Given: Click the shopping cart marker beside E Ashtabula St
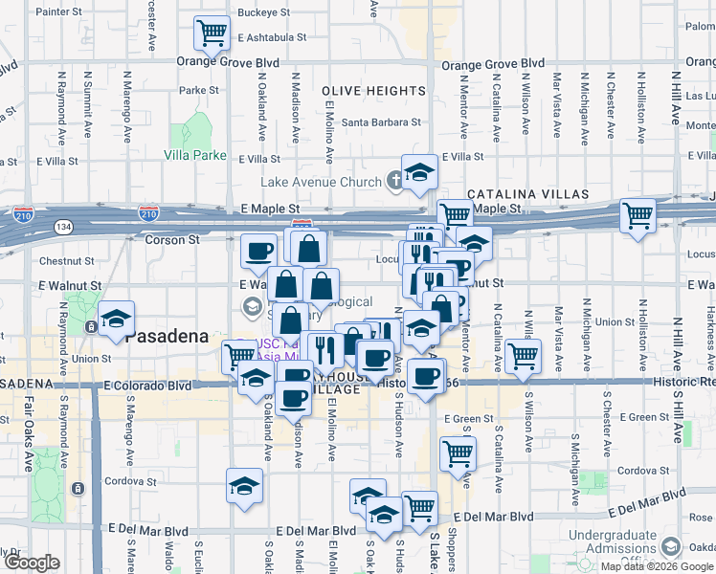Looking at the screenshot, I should (211, 33).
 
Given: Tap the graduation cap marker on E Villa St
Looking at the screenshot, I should (419, 172).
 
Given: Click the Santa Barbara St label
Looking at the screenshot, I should (382, 122).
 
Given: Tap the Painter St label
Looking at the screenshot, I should (59, 12).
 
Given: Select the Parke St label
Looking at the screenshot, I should (199, 91).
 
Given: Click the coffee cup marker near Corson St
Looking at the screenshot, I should (257, 251).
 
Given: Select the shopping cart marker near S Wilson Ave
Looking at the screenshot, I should (522, 357).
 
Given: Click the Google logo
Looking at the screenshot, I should (32, 563).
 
